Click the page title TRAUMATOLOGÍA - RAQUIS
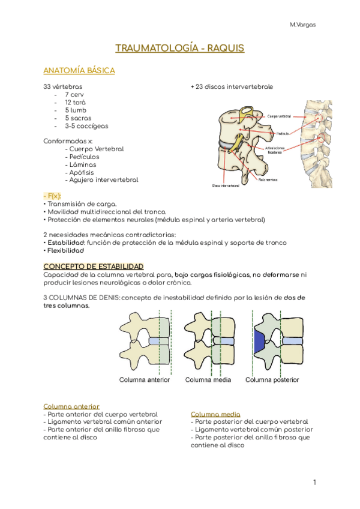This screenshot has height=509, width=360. (180, 48)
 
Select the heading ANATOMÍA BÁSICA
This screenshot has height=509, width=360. (79, 71)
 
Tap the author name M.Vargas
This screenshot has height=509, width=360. (302, 25)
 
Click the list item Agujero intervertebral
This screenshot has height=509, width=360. (103, 180)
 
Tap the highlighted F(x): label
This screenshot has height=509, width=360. (53, 196)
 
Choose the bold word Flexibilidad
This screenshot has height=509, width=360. (65, 250)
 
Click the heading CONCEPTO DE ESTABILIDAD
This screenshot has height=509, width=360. (93, 266)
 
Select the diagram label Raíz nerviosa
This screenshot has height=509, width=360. (269, 179)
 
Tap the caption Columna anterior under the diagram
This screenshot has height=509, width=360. (145, 379)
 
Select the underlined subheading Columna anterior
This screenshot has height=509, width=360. (71, 406)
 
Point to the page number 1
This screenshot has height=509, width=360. (314, 483)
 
